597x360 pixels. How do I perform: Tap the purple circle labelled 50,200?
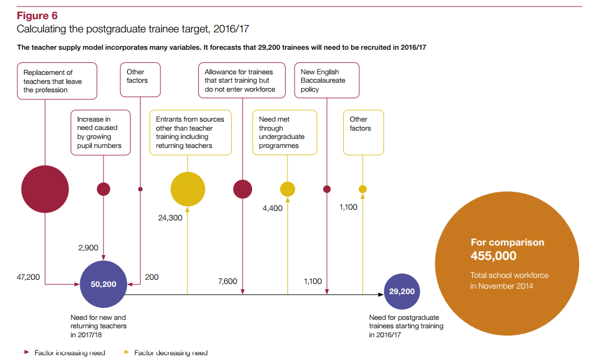(104, 284)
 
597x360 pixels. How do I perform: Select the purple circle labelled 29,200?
(402, 292)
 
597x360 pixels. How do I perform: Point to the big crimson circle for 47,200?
(45, 189)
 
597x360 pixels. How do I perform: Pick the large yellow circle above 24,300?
(188, 189)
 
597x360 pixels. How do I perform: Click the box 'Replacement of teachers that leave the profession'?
(57, 81)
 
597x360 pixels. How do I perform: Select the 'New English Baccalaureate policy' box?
(327, 80)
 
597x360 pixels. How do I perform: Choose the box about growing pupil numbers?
(100, 132)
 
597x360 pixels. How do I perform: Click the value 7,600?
(228, 281)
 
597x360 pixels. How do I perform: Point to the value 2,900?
(88, 247)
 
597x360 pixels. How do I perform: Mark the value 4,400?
(272, 208)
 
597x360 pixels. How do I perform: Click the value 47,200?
(28, 277)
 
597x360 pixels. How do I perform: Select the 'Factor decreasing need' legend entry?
(170, 353)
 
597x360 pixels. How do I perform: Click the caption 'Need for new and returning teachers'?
(99, 326)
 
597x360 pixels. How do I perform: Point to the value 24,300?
(170, 218)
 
